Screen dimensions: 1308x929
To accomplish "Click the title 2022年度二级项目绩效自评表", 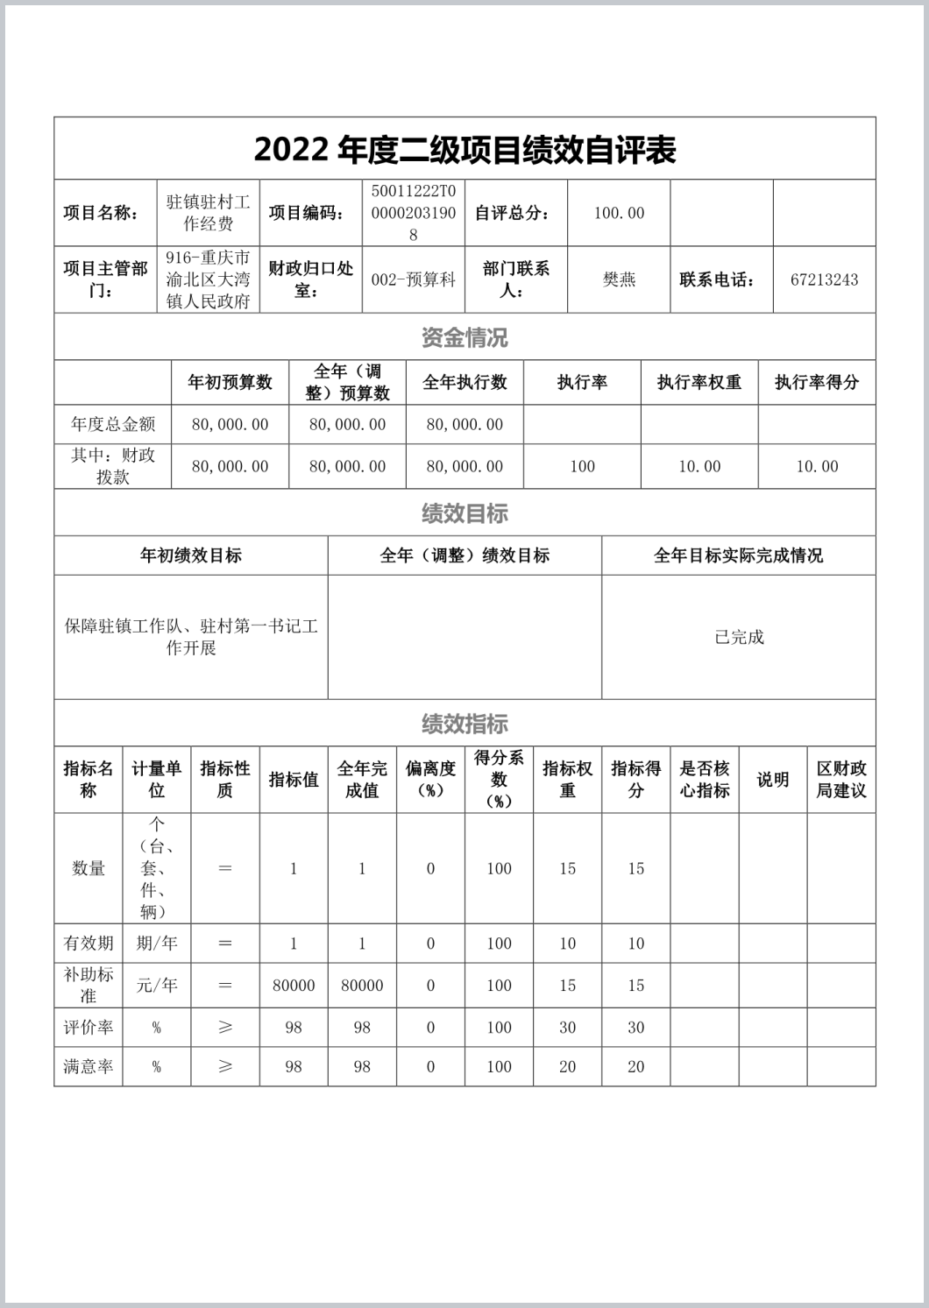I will point(464,150).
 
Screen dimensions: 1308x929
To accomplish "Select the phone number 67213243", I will point(824,280).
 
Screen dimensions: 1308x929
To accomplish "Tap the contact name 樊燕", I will point(619,280).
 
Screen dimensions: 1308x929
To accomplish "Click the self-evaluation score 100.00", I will point(619,213).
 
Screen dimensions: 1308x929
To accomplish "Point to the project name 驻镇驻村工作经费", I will point(209,213).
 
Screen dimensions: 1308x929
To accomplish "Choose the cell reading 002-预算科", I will point(414,280).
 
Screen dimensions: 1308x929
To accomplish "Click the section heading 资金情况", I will point(464,337).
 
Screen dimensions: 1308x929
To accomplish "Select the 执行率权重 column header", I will point(699,382).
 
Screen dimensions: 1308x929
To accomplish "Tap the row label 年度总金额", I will point(113,425).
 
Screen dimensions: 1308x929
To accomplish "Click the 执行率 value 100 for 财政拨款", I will point(582,467).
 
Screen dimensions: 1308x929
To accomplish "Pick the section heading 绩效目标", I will point(464,513).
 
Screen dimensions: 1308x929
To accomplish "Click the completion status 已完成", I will point(739,637).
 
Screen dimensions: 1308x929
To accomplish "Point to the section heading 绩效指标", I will point(464,724).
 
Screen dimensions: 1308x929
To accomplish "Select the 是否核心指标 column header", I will point(705,780).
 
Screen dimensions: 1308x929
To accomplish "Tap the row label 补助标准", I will point(89,985).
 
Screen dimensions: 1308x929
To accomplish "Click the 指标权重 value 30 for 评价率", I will point(568,1028).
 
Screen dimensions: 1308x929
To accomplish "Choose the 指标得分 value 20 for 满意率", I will point(636,1067).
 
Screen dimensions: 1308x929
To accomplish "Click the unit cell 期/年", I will point(157,944).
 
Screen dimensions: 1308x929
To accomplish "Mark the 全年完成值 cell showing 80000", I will point(362,986).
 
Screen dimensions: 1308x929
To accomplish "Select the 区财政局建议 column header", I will point(841,780).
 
